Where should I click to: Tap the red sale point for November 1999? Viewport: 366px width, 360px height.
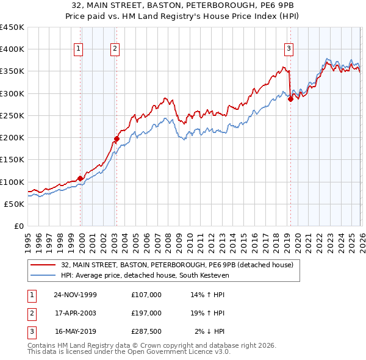click(x=80, y=179)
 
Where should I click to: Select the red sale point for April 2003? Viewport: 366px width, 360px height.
click(x=117, y=139)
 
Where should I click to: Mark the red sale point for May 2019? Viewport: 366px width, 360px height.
click(x=290, y=99)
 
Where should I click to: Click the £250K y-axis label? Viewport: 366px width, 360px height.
click(x=12, y=116)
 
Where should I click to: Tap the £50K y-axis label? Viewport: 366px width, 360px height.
click(x=15, y=204)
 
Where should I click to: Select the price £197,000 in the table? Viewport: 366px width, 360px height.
click(x=146, y=313)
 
